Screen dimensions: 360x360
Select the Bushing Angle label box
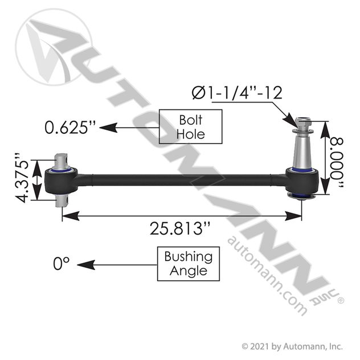[188, 263]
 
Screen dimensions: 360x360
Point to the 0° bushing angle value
[61, 263]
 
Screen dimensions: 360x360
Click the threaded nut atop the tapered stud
[302, 122]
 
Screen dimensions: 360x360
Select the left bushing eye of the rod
[62, 181]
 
